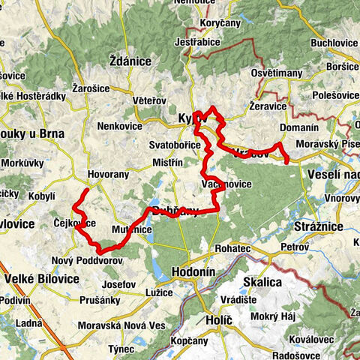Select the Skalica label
click(262, 282)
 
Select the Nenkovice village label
click(118, 126)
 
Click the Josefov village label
click(118, 285)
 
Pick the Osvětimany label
click(276, 73)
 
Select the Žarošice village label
click(92, 88)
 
